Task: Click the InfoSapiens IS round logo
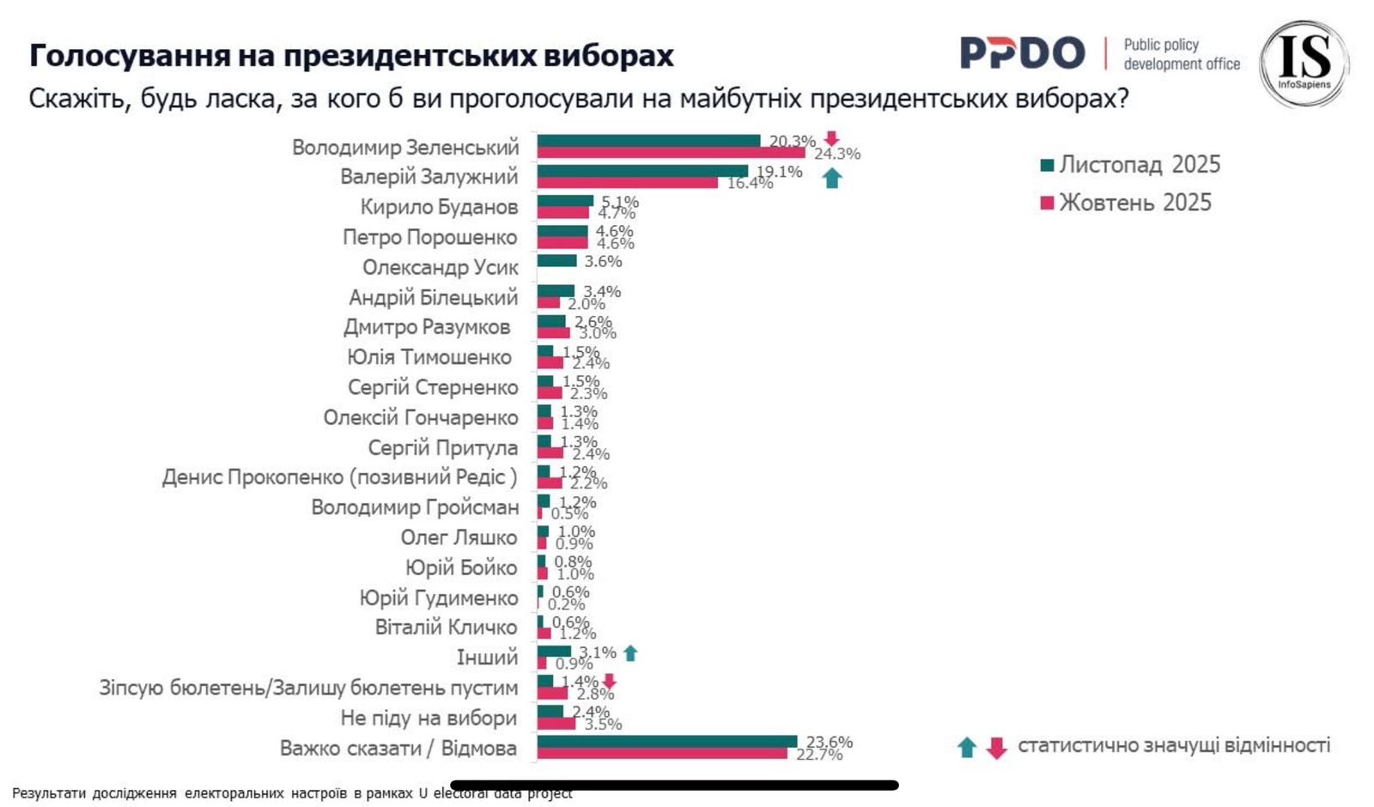(x=1304, y=64)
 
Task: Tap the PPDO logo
(x=1022, y=53)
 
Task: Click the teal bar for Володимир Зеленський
(x=648, y=141)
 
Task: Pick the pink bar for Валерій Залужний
(x=627, y=182)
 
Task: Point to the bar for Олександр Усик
(x=556, y=261)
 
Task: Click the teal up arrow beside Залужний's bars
(x=831, y=179)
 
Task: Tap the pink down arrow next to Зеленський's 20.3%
(x=830, y=139)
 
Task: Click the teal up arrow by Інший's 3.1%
(x=630, y=653)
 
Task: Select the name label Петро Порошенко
(x=429, y=237)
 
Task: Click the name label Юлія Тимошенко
(x=429, y=357)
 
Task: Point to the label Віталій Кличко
(x=446, y=628)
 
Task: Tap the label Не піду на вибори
(x=429, y=718)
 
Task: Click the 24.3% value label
(x=837, y=155)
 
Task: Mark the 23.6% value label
(x=830, y=742)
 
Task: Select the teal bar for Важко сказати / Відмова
(x=666, y=742)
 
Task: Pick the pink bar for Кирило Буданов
(x=562, y=212)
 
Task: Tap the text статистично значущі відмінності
(x=1173, y=745)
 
